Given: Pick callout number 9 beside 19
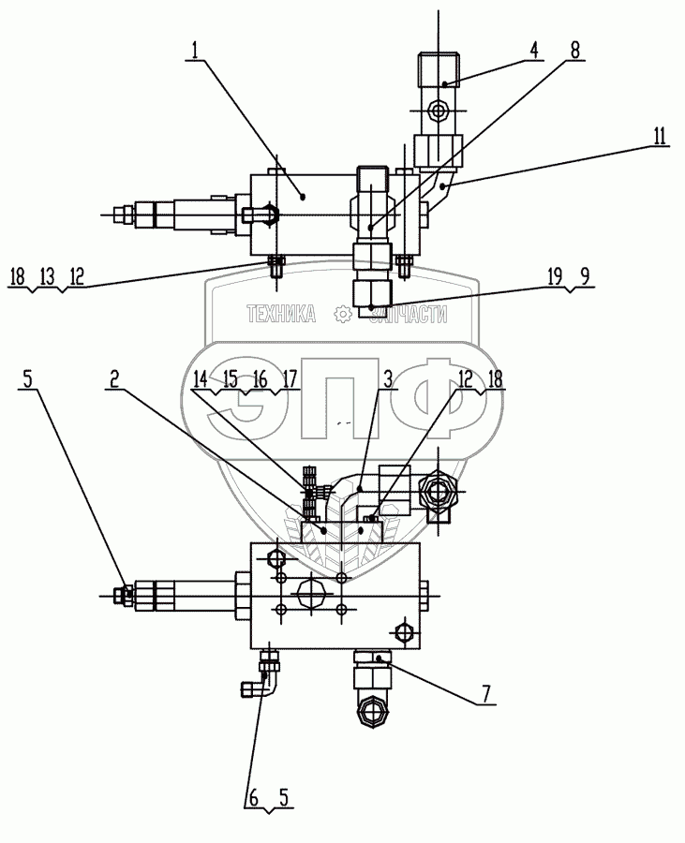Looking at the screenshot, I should pos(584,277).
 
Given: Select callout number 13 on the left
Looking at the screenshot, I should pos(46,277).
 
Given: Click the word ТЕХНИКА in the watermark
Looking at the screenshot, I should pos(280,315).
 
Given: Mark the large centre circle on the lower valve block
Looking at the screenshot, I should pos(311,590).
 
